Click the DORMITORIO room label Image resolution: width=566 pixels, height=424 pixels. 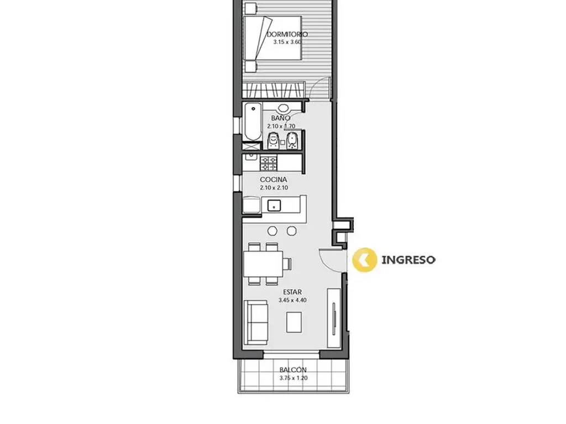pos(287,34)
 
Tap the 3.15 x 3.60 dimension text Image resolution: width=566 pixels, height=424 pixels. pos(287,42)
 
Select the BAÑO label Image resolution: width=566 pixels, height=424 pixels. pos(280,118)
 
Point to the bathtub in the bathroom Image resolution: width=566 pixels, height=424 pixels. pos(252,123)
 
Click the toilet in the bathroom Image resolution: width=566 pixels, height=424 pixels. pos(273,141)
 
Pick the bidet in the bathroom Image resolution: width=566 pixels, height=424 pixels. pos(292,141)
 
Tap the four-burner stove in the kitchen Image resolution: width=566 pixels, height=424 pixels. pos(269,163)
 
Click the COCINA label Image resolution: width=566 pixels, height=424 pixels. pos(274,179)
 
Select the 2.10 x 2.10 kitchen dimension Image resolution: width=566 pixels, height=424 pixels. pos(274,188)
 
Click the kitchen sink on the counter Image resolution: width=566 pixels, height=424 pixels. pos(274,205)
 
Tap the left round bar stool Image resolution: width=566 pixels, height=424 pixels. pos(272,231)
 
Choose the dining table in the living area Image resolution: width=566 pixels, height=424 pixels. pos(263,263)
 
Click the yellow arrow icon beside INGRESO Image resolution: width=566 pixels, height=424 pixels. pos(364,259)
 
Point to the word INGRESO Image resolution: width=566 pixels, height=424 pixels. pos(408,259)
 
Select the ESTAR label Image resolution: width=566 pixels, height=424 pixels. pos(292,292)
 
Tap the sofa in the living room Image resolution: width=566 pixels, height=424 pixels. pos(256,322)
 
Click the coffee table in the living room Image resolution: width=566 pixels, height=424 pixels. pos(294,322)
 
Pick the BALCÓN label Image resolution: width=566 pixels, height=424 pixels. pos(293,369)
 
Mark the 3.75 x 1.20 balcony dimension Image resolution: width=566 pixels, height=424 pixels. pos(293,378)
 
